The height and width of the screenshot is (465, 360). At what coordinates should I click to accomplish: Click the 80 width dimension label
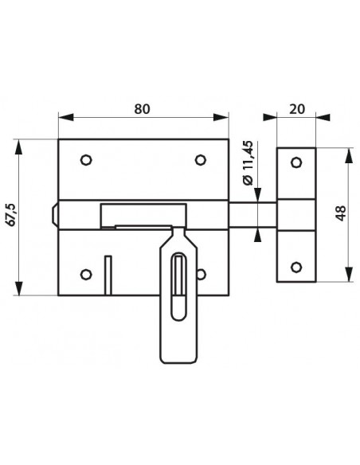142,109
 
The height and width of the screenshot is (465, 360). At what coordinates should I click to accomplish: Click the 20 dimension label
296,109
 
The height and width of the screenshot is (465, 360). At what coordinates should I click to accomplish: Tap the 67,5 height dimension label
12,215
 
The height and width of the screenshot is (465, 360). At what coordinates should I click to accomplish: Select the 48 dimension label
341,213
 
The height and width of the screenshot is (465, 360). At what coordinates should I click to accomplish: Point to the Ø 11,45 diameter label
248,162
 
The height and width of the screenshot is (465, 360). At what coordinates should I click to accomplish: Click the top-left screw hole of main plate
86,160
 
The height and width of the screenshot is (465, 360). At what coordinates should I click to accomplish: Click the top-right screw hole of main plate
201,160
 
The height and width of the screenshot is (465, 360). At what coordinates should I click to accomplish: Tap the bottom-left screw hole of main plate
86,275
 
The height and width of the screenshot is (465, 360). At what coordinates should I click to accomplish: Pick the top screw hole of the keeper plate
296,162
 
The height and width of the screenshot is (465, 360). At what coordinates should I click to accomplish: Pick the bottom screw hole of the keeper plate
296,268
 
